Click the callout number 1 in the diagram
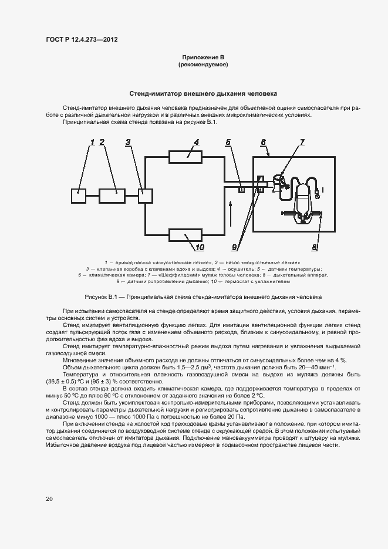click(92, 143)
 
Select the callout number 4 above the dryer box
click(196, 143)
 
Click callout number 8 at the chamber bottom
click(314, 248)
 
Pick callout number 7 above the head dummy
click(302, 143)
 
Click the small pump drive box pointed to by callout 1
click(78, 195)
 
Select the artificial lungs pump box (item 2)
click(112, 195)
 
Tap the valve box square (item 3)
click(145, 195)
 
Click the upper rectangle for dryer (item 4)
click(186, 157)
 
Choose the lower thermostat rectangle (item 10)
click(186, 235)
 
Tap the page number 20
click(49, 499)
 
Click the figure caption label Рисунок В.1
click(103, 297)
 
